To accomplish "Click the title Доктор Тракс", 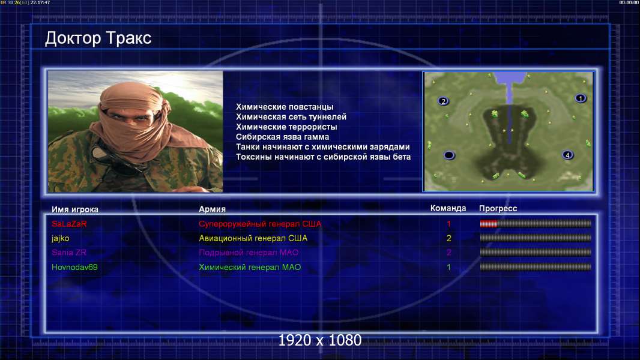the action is [98, 38].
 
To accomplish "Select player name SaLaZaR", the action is [69, 224].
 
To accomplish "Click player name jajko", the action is [61, 239].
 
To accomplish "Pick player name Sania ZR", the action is [69, 253].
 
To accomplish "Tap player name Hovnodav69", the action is [74, 268].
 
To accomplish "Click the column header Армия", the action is [213, 209].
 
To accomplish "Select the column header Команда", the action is [448, 208].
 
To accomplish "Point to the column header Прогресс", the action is [498, 209].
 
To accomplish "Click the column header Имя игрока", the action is [74, 209].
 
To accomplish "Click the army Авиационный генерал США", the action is [253, 238].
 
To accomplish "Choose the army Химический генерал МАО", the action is [250, 268].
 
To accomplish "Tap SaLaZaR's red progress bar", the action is [489, 223].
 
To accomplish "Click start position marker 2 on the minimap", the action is [443, 101].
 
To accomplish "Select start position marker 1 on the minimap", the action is [581, 98].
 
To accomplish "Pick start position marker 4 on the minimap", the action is [567, 155].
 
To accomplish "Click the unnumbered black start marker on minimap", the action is [449, 155].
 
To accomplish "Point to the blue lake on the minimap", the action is [509, 82].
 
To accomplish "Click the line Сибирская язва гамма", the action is [282, 137].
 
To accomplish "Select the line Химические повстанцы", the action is [285, 107].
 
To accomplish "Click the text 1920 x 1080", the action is [319, 340].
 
